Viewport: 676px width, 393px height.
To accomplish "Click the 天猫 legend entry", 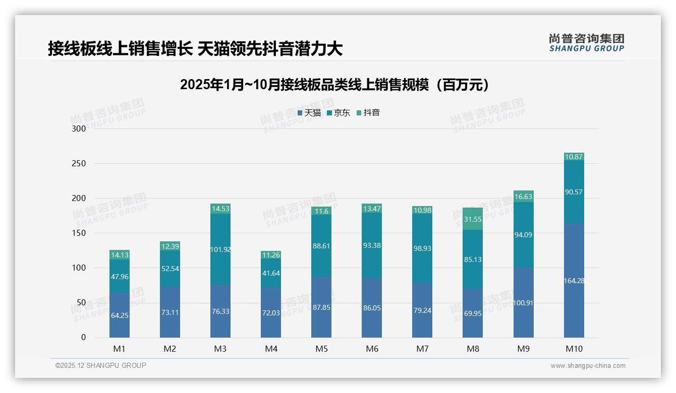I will coord(309,113).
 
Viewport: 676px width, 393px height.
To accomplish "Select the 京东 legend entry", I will coord(339,113).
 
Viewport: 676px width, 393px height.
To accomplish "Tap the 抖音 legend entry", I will coord(368,113).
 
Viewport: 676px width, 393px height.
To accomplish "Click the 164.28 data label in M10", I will coord(574,281).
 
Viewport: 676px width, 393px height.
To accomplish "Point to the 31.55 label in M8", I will coord(473,219).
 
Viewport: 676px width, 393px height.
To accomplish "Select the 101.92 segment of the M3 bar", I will coord(220,249).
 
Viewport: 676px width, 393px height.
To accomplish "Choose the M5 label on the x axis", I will coord(321,349).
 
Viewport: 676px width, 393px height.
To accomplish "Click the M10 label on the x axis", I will coord(574,349).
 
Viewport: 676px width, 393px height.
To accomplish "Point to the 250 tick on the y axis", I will coord(79,164).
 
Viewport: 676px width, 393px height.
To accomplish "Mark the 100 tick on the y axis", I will coord(79,268).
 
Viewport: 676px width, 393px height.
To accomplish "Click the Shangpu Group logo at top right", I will coord(587,43).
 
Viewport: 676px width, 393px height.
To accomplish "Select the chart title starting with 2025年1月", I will coord(334,85).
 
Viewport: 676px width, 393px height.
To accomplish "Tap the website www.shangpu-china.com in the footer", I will coord(588,366).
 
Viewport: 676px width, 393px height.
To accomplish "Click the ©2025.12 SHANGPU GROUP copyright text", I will coord(101,365).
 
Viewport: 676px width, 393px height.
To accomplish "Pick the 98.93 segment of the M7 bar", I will coord(422,248).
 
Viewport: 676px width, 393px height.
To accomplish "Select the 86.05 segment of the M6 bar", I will coord(372,308).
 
